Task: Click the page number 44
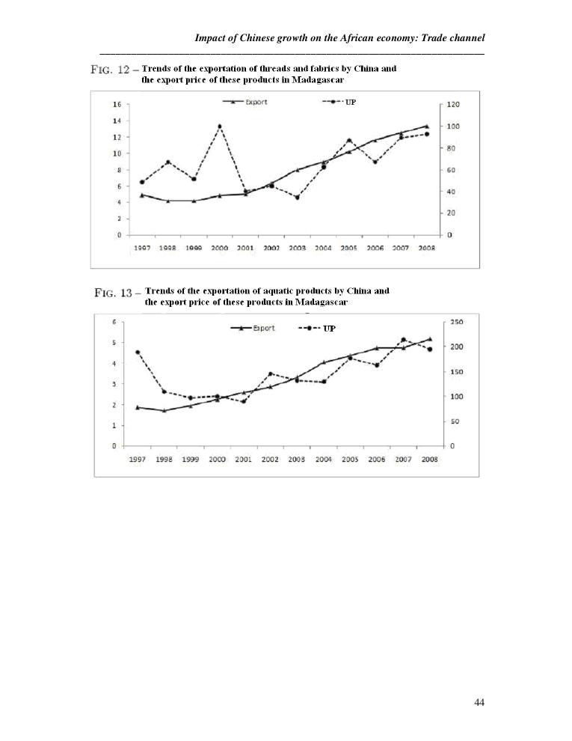coord(479,702)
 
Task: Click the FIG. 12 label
coord(110,70)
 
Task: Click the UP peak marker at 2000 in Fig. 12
coord(219,126)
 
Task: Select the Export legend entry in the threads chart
coord(247,103)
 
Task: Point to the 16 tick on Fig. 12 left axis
coord(117,105)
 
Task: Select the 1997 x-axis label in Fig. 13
coord(137,459)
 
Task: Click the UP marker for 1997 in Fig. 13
coord(138,352)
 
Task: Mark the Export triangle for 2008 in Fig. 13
coord(429,339)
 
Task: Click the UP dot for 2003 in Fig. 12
coord(297,197)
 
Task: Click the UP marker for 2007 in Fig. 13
coord(403,340)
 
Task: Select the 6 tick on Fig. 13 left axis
coord(114,323)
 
